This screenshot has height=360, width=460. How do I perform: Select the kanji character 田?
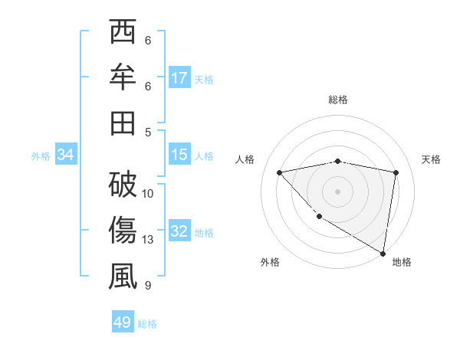click(x=123, y=122)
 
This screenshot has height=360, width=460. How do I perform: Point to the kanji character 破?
click(x=123, y=185)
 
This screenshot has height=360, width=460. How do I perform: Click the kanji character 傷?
click(x=123, y=231)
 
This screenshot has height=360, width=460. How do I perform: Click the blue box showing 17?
click(x=179, y=78)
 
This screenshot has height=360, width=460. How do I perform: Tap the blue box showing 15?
click(x=179, y=155)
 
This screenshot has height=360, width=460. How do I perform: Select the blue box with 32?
click(x=179, y=231)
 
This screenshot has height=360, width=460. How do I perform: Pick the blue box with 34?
click(x=66, y=155)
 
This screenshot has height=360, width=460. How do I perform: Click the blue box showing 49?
click(x=123, y=322)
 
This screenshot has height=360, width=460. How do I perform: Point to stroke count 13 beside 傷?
click(x=148, y=240)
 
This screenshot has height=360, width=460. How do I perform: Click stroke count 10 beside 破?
click(x=148, y=193)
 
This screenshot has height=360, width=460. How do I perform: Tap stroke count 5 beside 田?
click(x=148, y=132)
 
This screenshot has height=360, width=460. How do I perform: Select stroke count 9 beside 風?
click(x=148, y=286)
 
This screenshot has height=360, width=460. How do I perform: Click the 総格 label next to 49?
click(x=147, y=324)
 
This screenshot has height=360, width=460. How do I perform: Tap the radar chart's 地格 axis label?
click(x=402, y=263)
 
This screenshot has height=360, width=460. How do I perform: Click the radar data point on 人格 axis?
click(x=280, y=172)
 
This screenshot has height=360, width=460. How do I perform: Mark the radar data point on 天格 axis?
click(x=396, y=172)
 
